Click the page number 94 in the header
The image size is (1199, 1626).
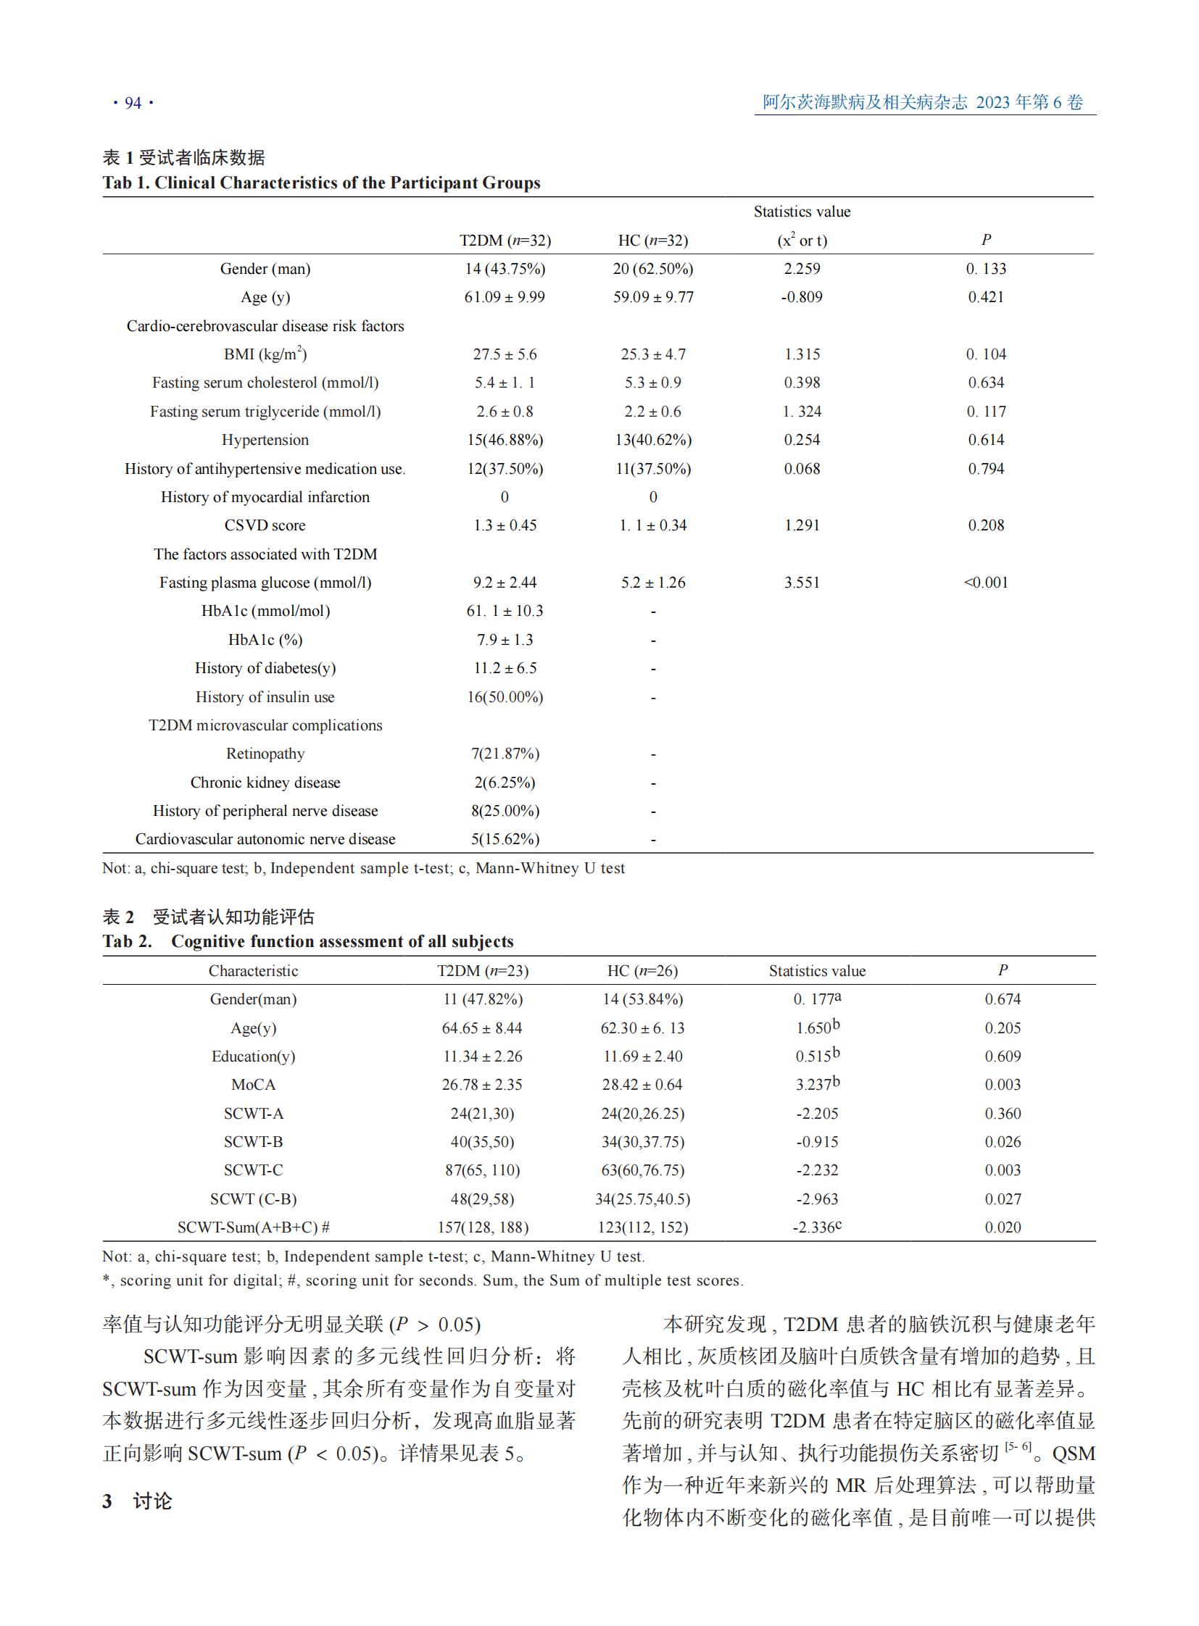tap(133, 103)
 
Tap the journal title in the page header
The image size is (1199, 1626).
tap(922, 102)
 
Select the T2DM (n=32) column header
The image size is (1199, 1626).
tap(505, 240)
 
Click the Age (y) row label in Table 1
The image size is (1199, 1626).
tap(265, 297)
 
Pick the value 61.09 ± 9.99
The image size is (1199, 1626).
tap(505, 297)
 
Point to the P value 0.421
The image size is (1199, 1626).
tap(986, 297)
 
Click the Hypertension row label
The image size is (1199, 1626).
tap(265, 440)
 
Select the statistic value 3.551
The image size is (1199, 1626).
tap(801, 583)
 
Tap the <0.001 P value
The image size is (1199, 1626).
tap(986, 583)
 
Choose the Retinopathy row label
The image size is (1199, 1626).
tap(265, 754)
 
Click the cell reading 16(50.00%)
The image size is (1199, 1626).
tap(505, 697)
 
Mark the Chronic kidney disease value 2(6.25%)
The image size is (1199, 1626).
tap(505, 782)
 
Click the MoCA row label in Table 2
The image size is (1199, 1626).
tap(253, 1085)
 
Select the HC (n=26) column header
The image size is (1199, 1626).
tap(642, 971)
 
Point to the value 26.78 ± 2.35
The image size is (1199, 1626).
tap(482, 1085)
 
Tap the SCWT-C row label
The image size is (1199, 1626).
tap(253, 1170)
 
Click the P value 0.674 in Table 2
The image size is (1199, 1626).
tap(1003, 999)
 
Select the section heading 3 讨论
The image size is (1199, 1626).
tap(137, 1501)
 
